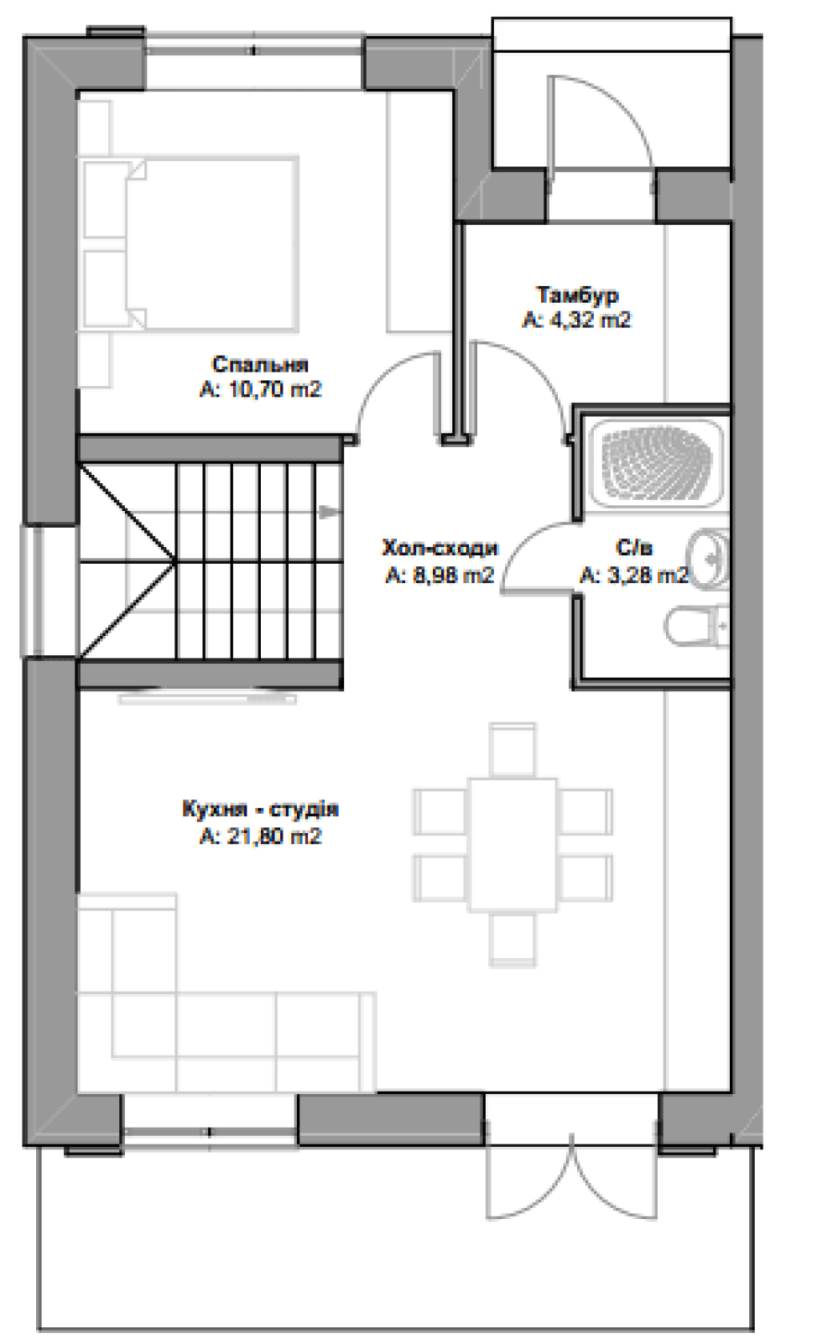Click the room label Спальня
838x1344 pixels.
[x=260, y=364]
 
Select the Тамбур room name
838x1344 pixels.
[x=577, y=295]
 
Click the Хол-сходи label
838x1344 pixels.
[x=440, y=548]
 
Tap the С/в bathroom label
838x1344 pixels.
[x=634, y=548]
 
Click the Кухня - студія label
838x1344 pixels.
[x=260, y=810]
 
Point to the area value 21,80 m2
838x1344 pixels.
[x=260, y=836]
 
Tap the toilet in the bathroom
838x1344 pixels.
[x=697, y=626]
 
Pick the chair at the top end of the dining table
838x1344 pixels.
[x=513, y=750]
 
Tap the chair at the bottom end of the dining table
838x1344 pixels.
[x=513, y=940]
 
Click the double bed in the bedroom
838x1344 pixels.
[x=190, y=244]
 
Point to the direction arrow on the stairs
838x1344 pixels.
[x=329, y=513]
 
